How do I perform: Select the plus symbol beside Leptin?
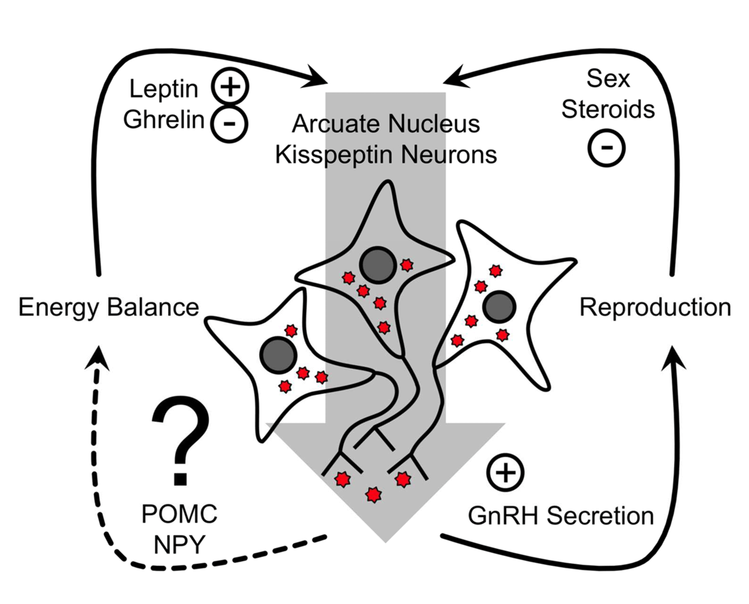click(230, 85)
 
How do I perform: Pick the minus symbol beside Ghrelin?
click(228, 122)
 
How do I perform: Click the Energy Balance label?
click(108, 308)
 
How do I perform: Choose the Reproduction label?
click(654, 308)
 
